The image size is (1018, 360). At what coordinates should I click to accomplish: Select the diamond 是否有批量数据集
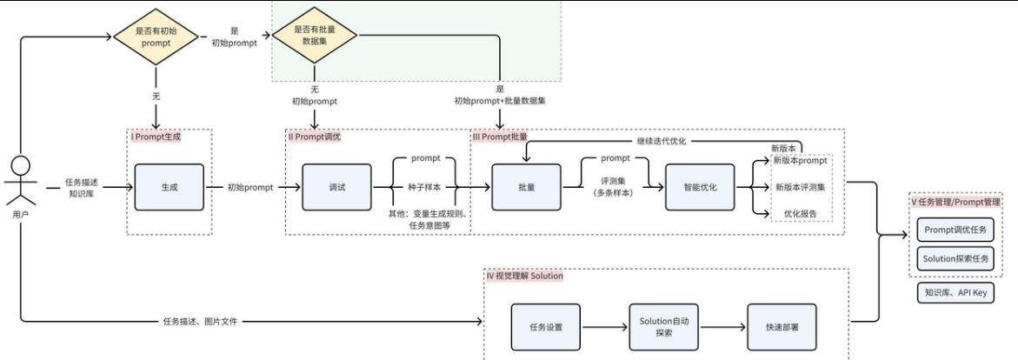click(316, 35)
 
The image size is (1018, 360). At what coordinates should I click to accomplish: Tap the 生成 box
click(170, 187)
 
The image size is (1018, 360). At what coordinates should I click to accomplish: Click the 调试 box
click(336, 187)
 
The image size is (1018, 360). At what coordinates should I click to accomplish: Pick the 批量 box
click(526, 187)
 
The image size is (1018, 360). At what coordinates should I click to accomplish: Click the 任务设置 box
click(546, 327)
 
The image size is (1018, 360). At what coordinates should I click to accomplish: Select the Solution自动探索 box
click(664, 327)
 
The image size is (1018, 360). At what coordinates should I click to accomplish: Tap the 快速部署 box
click(782, 327)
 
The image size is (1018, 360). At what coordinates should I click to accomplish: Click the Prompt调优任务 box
click(955, 230)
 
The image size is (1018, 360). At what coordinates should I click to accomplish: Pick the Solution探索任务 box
click(955, 258)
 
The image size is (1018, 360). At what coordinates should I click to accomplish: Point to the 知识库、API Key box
click(955, 293)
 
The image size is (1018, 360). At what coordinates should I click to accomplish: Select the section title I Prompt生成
click(157, 137)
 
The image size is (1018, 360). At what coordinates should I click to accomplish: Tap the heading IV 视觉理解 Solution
click(525, 276)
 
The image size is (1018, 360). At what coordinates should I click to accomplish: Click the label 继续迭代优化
click(663, 140)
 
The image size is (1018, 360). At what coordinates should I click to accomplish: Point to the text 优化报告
click(801, 213)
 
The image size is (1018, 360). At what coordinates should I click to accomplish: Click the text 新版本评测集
click(801, 186)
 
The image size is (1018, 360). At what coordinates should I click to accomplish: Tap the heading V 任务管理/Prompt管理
click(956, 201)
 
